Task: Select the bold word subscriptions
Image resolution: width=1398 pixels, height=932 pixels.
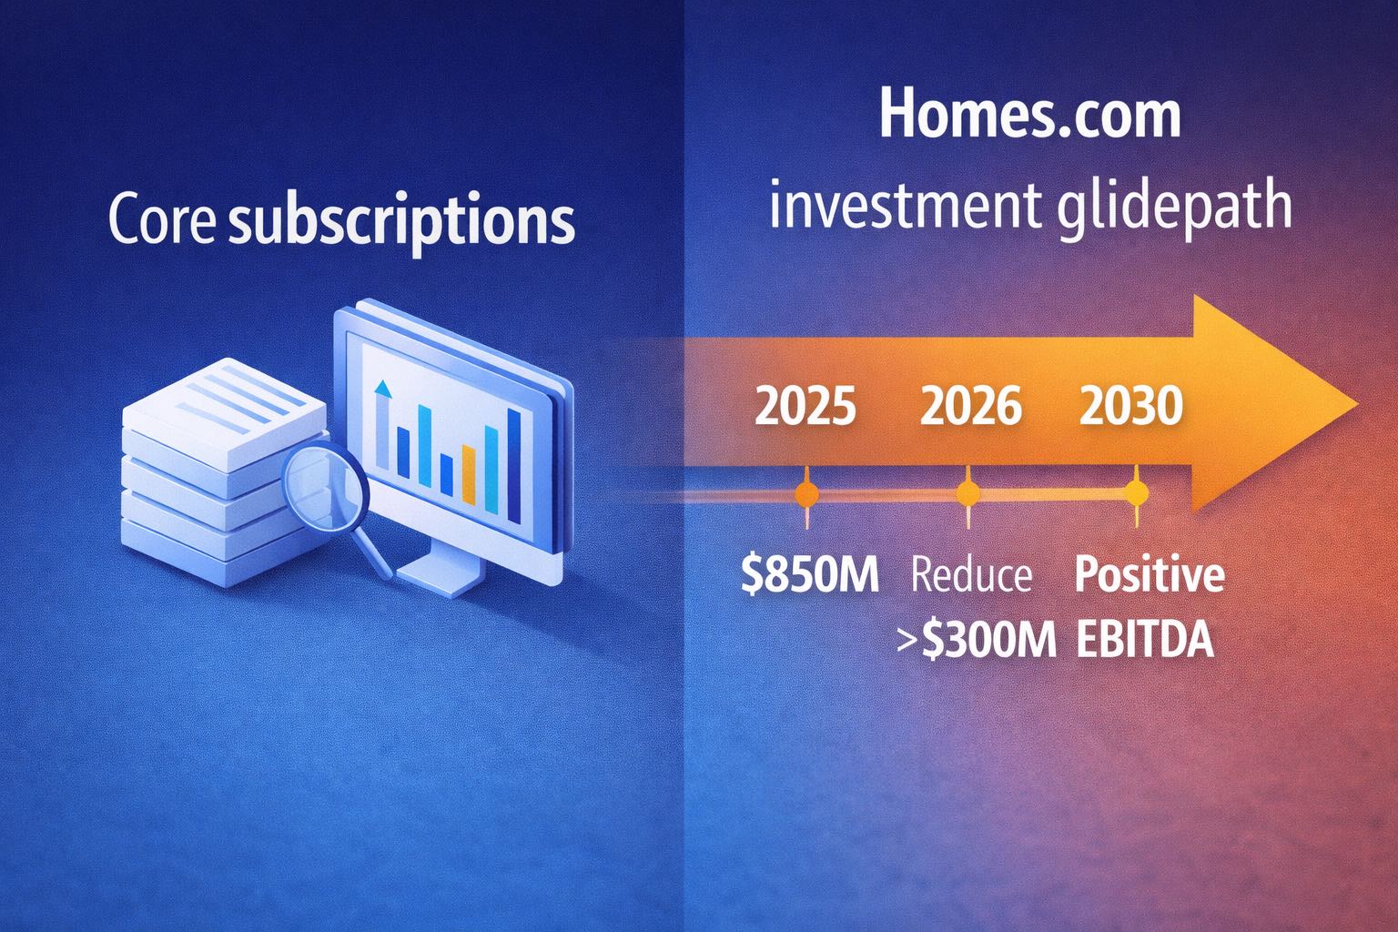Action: click(x=401, y=221)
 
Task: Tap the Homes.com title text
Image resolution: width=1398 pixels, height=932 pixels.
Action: click(x=1029, y=116)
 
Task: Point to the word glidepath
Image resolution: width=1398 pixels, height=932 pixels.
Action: click(x=1174, y=205)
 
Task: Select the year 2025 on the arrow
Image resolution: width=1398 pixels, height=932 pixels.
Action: click(x=805, y=406)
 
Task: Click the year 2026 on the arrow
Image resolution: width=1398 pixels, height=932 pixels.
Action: click(x=970, y=406)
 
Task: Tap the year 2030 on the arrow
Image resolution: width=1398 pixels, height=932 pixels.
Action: click(x=1131, y=406)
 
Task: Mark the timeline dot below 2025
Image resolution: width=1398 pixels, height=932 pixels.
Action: click(x=806, y=494)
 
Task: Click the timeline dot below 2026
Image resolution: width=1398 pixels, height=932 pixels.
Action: click(x=967, y=494)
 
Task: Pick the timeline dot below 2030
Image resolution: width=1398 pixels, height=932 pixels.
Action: click(x=1136, y=493)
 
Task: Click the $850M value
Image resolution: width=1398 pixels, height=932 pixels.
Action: click(x=809, y=576)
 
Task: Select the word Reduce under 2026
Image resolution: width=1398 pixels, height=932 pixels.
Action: click(x=971, y=576)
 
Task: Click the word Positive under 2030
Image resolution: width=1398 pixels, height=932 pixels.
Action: click(x=1150, y=576)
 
